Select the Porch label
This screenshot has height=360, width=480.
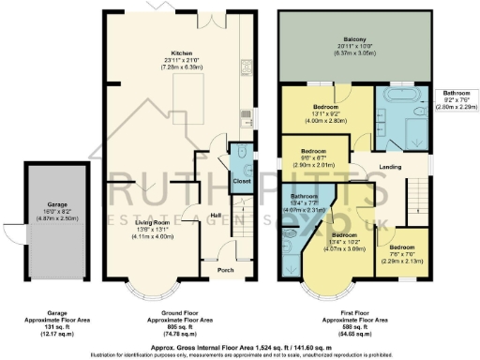226,270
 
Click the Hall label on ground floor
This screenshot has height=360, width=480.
216,215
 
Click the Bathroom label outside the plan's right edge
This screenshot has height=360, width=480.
457,94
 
